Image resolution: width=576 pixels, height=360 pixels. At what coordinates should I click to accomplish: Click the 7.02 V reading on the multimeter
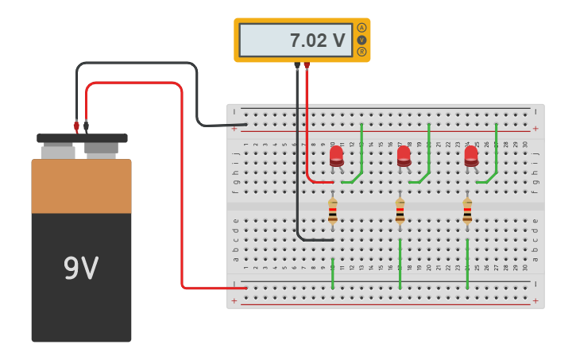click(316, 41)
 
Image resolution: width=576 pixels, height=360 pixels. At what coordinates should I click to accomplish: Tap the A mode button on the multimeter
click(361, 28)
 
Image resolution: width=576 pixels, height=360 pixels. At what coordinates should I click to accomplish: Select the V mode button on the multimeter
click(361, 40)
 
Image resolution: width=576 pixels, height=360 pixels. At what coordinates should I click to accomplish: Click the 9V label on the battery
click(81, 269)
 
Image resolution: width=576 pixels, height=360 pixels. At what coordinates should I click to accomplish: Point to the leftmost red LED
click(337, 156)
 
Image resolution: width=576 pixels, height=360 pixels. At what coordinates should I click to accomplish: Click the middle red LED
click(404, 156)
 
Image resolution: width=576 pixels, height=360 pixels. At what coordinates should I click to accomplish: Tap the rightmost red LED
click(471, 156)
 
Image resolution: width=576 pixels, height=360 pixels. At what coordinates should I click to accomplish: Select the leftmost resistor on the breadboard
click(333, 211)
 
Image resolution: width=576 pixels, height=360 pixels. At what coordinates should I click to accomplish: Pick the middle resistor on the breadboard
click(400, 211)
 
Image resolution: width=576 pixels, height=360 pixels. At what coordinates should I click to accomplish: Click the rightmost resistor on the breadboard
click(467, 211)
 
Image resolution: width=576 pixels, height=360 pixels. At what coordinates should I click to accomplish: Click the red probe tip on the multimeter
click(307, 66)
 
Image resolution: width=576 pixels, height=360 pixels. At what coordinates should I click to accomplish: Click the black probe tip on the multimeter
click(297, 66)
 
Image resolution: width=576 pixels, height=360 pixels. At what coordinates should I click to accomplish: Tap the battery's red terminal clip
click(76, 126)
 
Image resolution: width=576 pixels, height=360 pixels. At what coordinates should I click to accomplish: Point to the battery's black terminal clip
click(86, 126)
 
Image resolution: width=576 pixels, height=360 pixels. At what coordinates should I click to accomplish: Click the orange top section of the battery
click(81, 186)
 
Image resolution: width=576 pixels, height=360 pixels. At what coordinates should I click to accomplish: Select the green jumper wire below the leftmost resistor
click(333, 273)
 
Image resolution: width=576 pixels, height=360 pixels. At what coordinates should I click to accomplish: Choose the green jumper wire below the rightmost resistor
click(467, 264)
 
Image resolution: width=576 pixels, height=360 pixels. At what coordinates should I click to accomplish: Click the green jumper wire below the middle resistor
click(400, 264)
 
